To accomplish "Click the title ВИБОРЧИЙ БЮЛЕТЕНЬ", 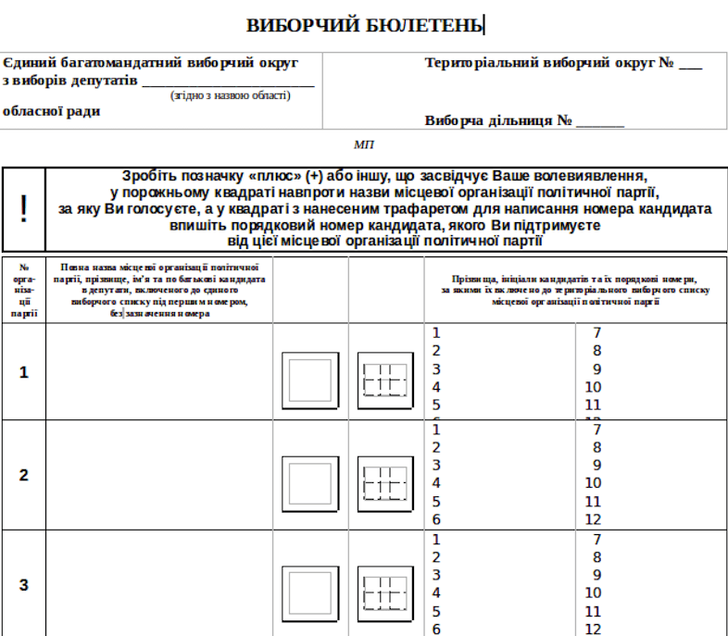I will [365, 25].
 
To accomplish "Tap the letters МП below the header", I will [364, 144].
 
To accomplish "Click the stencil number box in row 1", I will [383, 380].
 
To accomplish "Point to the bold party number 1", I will [24, 372].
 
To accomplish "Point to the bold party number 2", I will [24, 475].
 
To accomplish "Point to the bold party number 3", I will [24, 585].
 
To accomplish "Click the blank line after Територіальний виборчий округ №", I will [690, 68].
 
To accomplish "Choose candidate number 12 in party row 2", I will [594, 519].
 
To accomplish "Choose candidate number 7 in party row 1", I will [597, 333].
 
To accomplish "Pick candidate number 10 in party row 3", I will [594, 592].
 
